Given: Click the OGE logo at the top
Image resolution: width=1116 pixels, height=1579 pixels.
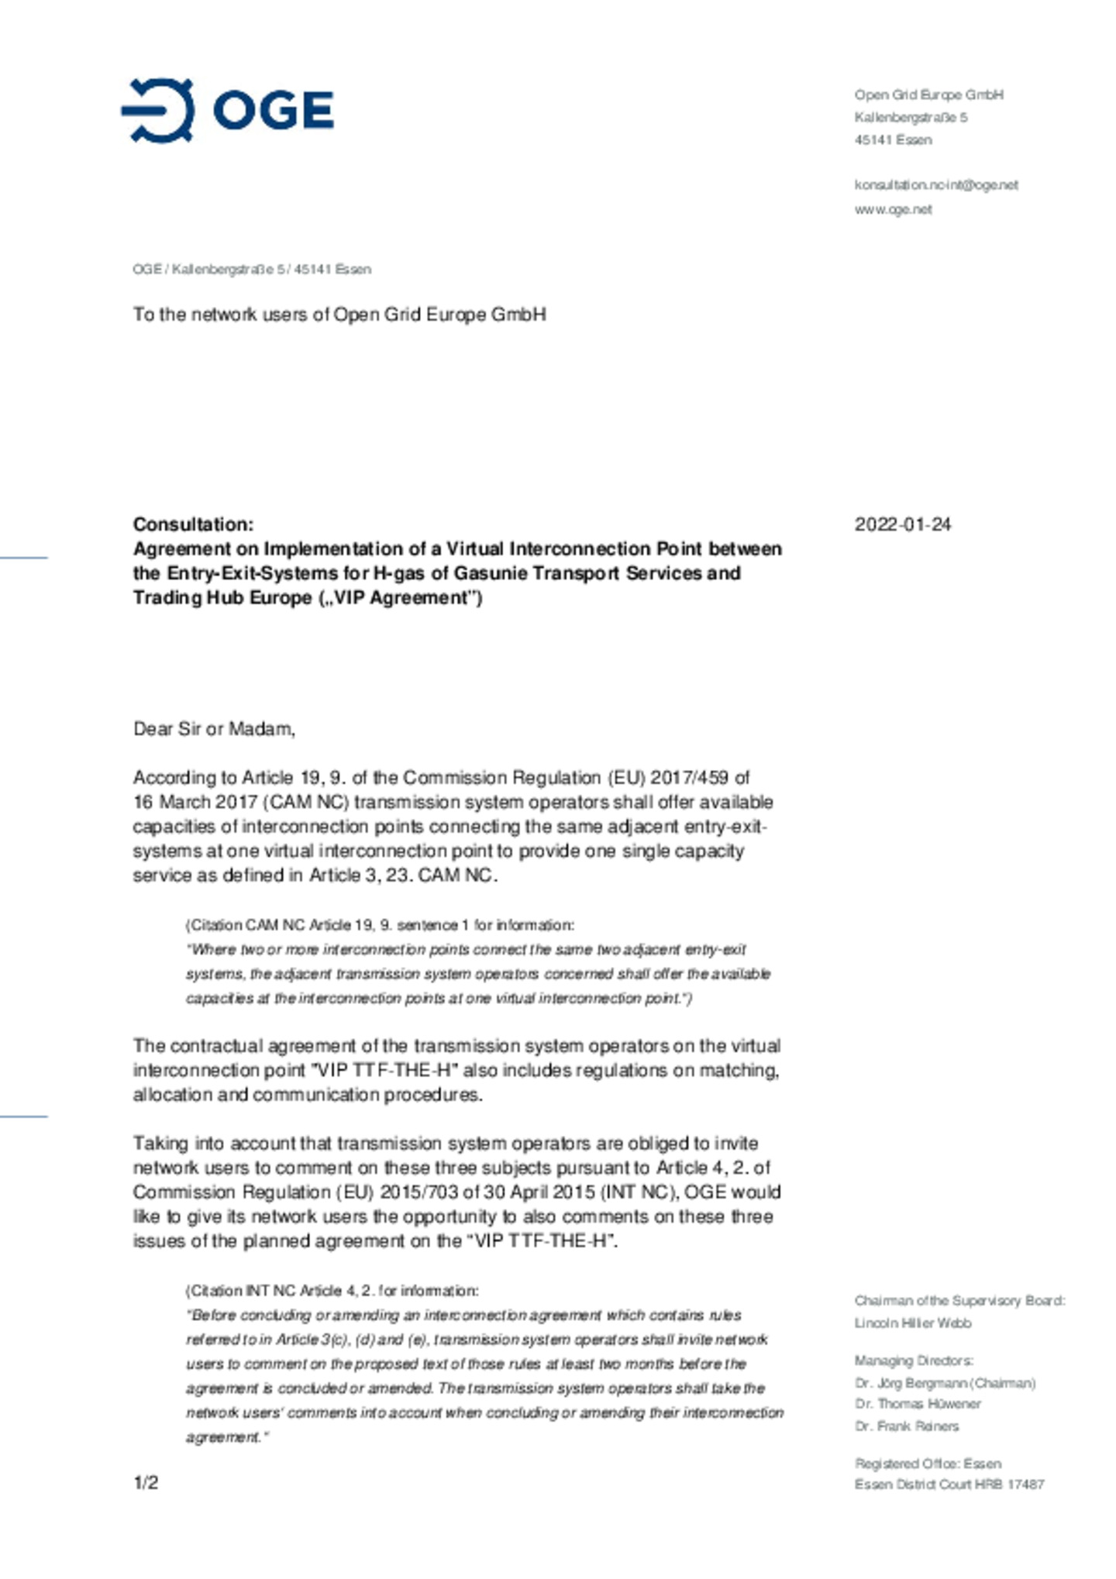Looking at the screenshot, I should pyautogui.click(x=227, y=110).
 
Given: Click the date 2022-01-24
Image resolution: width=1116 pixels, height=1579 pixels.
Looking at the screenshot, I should pyautogui.click(x=902, y=525).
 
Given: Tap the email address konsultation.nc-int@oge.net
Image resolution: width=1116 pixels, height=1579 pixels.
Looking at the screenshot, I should pyautogui.click(x=935, y=185).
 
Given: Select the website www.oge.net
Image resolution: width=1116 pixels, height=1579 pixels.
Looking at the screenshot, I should pyautogui.click(x=893, y=209).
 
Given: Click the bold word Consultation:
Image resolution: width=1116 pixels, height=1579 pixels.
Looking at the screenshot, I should pyautogui.click(x=193, y=525).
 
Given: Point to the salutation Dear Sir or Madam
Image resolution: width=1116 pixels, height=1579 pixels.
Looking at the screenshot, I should pyautogui.click(x=214, y=729).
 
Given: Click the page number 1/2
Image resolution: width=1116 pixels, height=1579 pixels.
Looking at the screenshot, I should pyautogui.click(x=146, y=1483).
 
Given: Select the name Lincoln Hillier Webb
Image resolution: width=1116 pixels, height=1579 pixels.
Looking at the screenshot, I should pyautogui.click(x=912, y=1323).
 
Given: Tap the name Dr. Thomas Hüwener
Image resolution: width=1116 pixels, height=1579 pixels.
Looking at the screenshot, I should pyautogui.click(x=918, y=1404).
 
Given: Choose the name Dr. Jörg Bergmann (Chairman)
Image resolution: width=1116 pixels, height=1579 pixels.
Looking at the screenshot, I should pyautogui.click(x=945, y=1383).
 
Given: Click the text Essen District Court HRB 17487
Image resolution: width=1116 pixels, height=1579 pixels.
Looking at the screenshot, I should pyautogui.click(x=949, y=1484).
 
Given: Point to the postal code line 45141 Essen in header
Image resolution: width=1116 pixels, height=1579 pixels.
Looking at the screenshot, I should pyautogui.click(x=893, y=140).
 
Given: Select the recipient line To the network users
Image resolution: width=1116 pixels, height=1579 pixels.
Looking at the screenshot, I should pyautogui.click(x=339, y=315).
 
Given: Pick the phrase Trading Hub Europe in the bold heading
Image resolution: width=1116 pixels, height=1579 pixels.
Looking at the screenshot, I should pyautogui.click(x=222, y=598).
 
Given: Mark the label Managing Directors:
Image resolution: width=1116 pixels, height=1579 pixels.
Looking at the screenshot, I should pyautogui.click(x=914, y=1361).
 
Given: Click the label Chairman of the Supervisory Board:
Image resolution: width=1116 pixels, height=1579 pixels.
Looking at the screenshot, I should pyautogui.click(x=959, y=1301).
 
